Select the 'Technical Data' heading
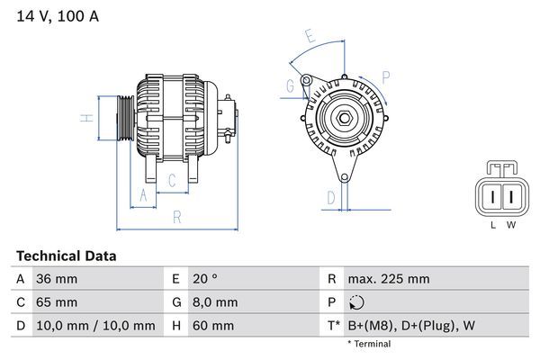66,256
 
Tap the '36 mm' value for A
56,279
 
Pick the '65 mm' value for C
56,301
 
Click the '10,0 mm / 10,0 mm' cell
94,325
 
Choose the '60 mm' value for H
212,325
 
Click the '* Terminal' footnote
369,344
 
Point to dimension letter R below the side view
177,217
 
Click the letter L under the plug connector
492,225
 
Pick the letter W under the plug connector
510,225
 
